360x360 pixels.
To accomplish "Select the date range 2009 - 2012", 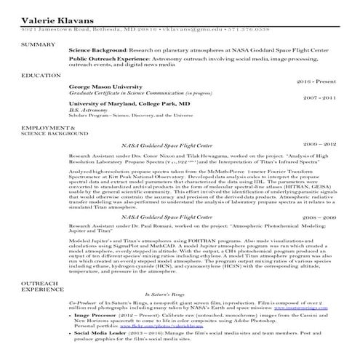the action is point(319,144).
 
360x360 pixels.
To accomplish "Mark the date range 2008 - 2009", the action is point(319,217).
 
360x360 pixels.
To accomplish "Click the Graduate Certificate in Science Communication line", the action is point(142,94).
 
